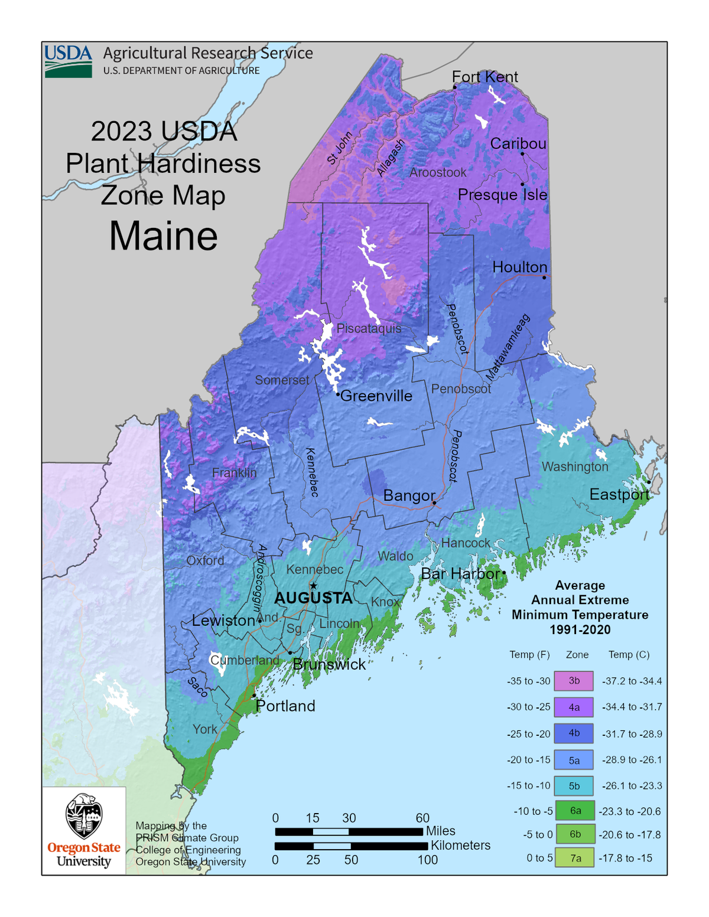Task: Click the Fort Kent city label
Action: pyautogui.click(x=484, y=77)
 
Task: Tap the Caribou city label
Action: pyautogui.click(x=518, y=143)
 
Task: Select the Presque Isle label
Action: pyautogui.click(x=502, y=195)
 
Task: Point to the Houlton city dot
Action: pyautogui.click(x=544, y=278)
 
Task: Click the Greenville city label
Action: pyautogui.click(x=376, y=396)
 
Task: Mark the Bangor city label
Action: pyautogui.click(x=409, y=495)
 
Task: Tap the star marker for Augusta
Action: pyautogui.click(x=314, y=586)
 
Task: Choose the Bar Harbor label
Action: pyautogui.click(x=460, y=573)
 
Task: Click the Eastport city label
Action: pyautogui.click(x=619, y=494)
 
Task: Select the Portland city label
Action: pyautogui.click(x=285, y=706)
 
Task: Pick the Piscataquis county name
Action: pyautogui.click(x=369, y=328)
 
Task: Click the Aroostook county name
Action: pyautogui.click(x=438, y=172)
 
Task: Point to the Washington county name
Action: pyautogui.click(x=574, y=466)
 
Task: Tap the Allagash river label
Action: pyautogui.click(x=391, y=158)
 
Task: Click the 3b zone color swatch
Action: pyautogui.click(x=573, y=681)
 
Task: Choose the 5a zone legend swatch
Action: pyautogui.click(x=573, y=760)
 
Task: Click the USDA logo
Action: pyautogui.click(x=69, y=61)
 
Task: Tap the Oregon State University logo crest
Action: pyautogui.click(x=84, y=816)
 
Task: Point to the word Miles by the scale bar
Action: pyautogui.click(x=440, y=831)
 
